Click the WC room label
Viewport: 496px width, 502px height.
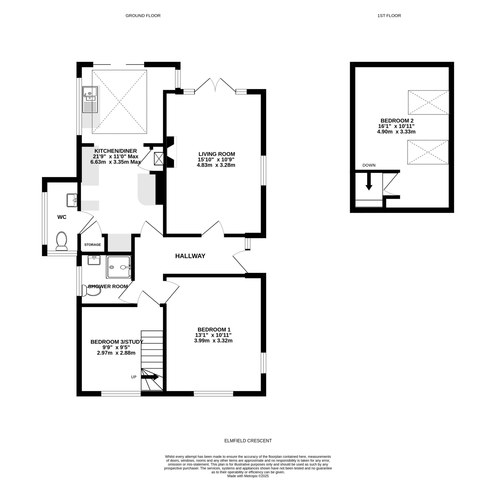click(x=62, y=217)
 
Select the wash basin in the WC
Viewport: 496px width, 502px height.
click(x=72, y=200)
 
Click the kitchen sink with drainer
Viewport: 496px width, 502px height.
click(x=90, y=100)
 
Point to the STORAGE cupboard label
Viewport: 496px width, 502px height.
click(x=92, y=244)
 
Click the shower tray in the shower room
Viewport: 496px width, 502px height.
click(x=118, y=267)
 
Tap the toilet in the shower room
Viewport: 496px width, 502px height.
click(x=91, y=291)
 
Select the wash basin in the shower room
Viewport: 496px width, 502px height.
click(x=94, y=260)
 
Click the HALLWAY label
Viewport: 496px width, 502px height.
click(x=190, y=256)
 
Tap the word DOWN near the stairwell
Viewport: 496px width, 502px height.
click(x=369, y=165)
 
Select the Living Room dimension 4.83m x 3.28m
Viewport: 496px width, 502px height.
click(x=216, y=165)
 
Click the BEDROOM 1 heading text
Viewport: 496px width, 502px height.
click(x=214, y=329)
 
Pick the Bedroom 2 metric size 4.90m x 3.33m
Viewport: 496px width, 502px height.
click(x=396, y=132)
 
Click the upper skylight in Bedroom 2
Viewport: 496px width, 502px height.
click(x=428, y=102)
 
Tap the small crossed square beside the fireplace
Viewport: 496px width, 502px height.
click(x=158, y=159)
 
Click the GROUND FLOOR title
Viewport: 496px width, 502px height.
click(x=143, y=16)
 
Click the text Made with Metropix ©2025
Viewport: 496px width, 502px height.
click(x=248, y=483)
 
